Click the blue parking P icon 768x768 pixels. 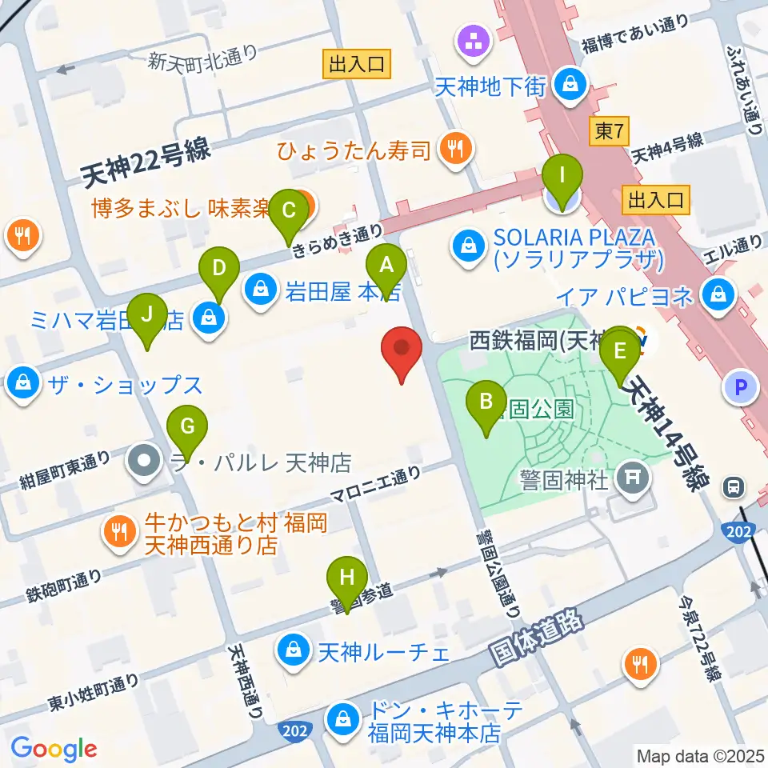point(740,389)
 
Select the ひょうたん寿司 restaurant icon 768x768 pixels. point(456,148)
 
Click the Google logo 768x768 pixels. point(54,749)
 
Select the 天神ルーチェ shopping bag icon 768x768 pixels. point(294,650)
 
